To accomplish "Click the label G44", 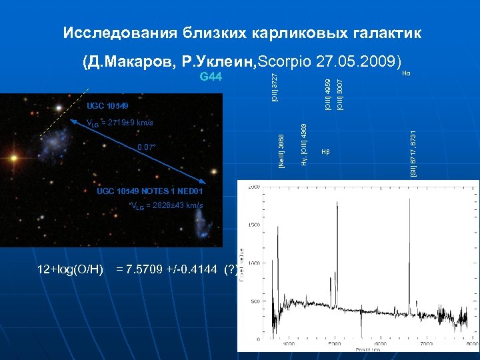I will [211, 77].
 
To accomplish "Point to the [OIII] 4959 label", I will [327, 93].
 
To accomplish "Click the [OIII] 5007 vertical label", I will [339, 93].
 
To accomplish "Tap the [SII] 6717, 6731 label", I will [413, 153].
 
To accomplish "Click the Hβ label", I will [325, 152].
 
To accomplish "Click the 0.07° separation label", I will [147, 147].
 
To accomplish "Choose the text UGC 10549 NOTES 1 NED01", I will [149, 191].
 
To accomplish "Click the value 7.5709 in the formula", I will [153, 270].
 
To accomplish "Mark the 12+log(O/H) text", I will [71, 270].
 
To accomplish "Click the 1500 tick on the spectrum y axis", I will [255, 227].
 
